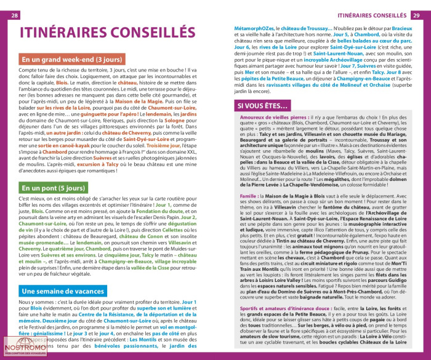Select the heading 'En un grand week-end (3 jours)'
click(x=64, y=60)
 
